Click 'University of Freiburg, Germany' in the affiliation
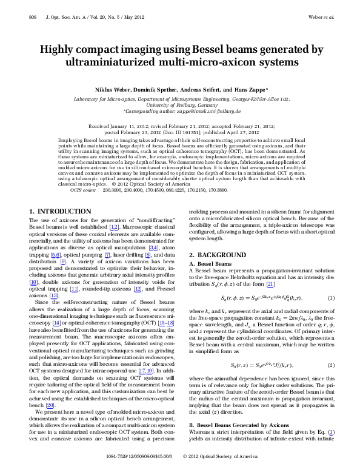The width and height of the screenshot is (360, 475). click(x=179, y=104)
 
